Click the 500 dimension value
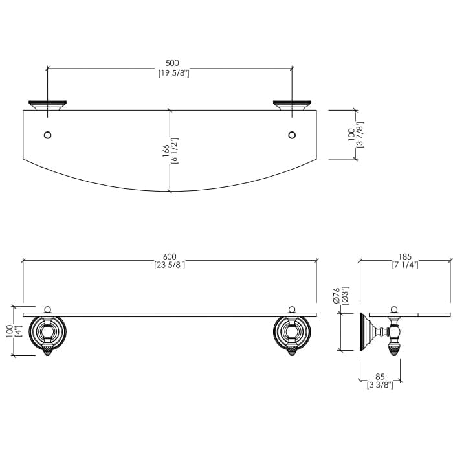pyautogui.click(x=172, y=63)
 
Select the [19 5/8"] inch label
pyautogui.click(x=173, y=73)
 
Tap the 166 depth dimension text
pyautogui.click(x=166, y=151)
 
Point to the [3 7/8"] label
pyautogui.click(x=360, y=135)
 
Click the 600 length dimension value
pyautogui.click(x=170, y=256)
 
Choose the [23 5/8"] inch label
pyautogui.click(x=170, y=265)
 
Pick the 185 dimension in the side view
pyautogui.click(x=404, y=256)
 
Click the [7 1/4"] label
pyautogui.click(x=405, y=265)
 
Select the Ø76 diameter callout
pyautogui.click(x=336, y=295)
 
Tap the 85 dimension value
pyautogui.click(x=381, y=377)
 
